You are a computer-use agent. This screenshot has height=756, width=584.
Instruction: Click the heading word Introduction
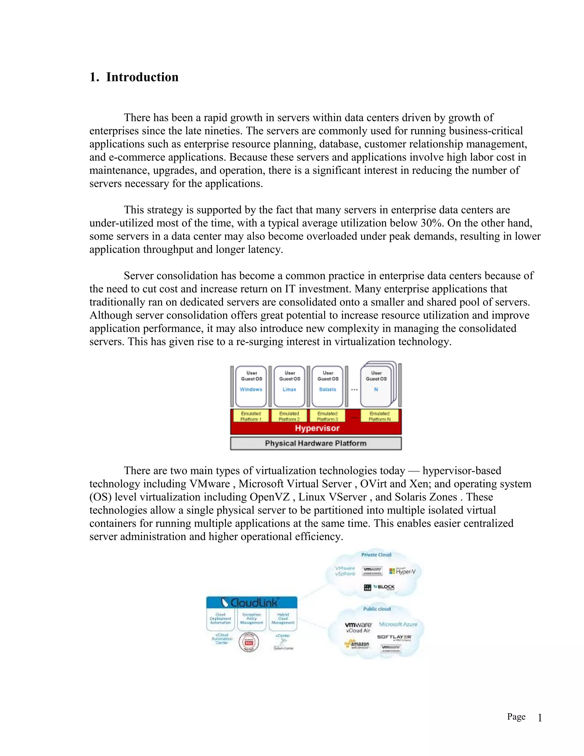tap(142, 77)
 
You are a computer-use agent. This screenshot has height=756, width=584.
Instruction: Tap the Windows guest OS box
tap(251, 386)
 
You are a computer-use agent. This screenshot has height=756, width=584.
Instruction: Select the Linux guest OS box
tap(290, 386)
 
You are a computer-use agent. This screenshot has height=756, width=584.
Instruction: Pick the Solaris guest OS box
tap(328, 386)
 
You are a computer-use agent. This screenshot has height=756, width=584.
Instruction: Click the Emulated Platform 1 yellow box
tap(251, 416)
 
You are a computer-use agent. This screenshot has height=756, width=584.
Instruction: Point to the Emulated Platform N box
tap(380, 416)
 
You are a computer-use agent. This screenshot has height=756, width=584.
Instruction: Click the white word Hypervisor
tap(317, 428)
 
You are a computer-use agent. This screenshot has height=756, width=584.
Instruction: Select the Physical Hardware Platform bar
tap(316, 443)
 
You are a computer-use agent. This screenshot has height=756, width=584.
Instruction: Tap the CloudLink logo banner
tap(252, 603)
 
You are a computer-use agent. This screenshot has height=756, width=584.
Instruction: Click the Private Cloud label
tap(376, 555)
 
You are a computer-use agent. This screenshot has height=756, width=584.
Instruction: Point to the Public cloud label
tap(377, 609)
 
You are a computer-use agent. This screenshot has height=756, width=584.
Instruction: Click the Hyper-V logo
tap(402, 571)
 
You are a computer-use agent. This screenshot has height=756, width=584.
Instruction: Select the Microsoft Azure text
tap(398, 624)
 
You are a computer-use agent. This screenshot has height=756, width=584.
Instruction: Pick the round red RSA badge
tap(249, 642)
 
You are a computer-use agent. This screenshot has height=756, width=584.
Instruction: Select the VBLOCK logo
tap(380, 587)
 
